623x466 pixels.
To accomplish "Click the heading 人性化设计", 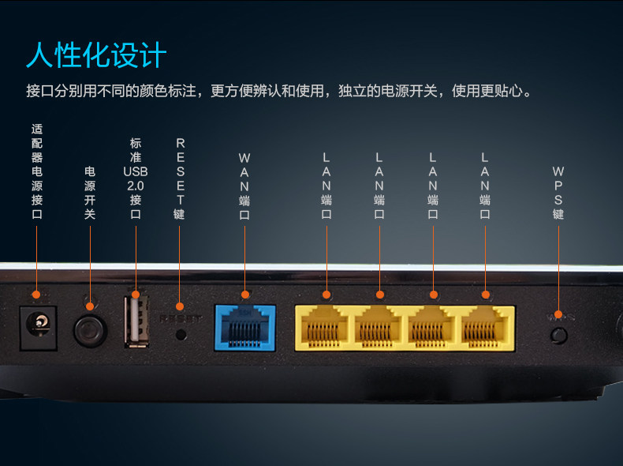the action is point(96,55).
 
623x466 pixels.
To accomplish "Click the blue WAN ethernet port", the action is point(244,327).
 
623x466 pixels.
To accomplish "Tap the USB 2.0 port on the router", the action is point(136,321).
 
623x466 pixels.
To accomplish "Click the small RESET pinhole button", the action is point(181,333).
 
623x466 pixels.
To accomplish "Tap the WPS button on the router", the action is point(559,335).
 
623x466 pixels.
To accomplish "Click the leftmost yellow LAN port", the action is point(326,329).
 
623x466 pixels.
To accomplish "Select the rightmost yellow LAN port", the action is point(486,329).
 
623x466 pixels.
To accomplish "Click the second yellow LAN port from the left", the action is point(380,329).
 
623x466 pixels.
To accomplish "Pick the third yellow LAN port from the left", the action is point(433,329).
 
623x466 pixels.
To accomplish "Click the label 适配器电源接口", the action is point(37,171).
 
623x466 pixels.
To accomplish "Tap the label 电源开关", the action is point(89,192).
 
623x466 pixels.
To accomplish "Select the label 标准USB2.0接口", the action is point(136,178).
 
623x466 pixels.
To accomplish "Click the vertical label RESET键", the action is point(180,179).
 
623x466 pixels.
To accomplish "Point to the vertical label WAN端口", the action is point(244,186).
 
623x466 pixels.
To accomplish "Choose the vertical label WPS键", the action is point(558,192).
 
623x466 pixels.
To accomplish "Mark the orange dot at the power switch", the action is point(89,306).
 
